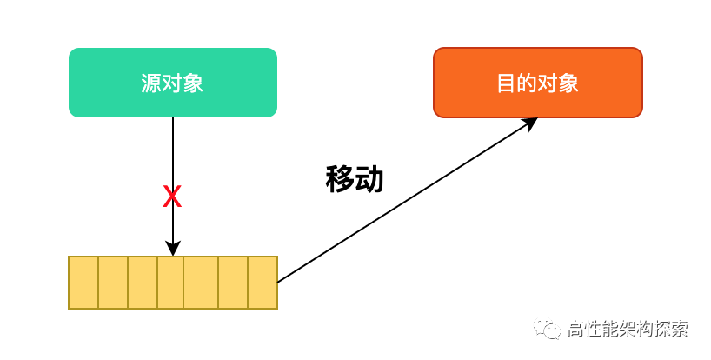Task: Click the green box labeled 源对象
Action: tap(172, 83)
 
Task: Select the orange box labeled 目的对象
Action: tap(537, 83)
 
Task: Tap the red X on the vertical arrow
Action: tap(172, 197)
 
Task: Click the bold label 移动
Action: tap(355, 179)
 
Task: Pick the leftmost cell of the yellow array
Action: tap(83, 283)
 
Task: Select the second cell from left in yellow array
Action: tap(113, 283)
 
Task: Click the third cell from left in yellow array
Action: tap(143, 283)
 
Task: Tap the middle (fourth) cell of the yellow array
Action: tap(172, 283)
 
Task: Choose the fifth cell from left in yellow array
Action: tap(202, 283)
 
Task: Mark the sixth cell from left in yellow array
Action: tap(232, 283)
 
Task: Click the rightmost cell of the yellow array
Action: tap(262, 283)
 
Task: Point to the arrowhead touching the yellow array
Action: tap(172, 249)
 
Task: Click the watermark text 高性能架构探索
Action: tap(627, 330)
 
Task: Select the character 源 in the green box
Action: tap(151, 83)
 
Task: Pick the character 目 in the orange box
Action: tap(506, 83)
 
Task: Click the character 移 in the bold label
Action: tap(340, 179)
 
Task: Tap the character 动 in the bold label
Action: tap(369, 179)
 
